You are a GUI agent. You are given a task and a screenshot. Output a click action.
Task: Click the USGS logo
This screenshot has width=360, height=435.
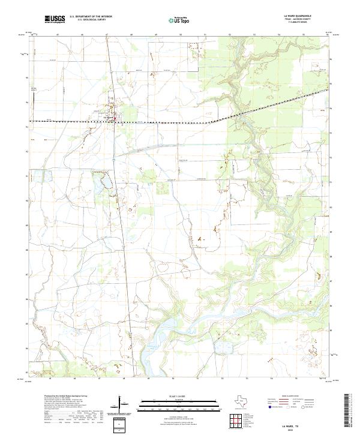pyautogui.click(x=55, y=20)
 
